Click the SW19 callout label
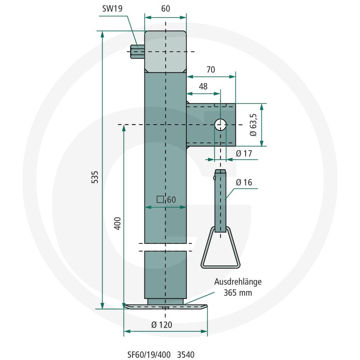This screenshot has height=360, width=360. coord(112,9)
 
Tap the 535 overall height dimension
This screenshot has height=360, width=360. coord(94,177)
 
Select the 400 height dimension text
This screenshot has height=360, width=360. coord(117,223)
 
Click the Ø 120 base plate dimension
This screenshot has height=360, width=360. coord(162,324)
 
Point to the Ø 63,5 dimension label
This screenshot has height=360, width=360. coord(253,125)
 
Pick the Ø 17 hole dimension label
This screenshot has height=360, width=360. coord(244,153)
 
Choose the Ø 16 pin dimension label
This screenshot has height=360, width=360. coord(244,182)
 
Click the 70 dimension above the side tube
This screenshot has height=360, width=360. coord(211,70)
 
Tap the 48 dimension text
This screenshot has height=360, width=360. coord(203,86)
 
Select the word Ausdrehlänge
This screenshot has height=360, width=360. coord(238,282)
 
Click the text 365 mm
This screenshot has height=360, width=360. coord(238,293)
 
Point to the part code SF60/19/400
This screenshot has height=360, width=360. coord(149,355)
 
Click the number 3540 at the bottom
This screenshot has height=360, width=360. coord(186,355)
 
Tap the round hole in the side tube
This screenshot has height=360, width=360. coord(220,125)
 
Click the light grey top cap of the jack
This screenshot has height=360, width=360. coord(166,52)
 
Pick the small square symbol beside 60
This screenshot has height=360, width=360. coord(160,199)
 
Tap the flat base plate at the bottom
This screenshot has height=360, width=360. coord(166,307)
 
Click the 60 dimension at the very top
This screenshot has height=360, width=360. coord(166,9)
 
